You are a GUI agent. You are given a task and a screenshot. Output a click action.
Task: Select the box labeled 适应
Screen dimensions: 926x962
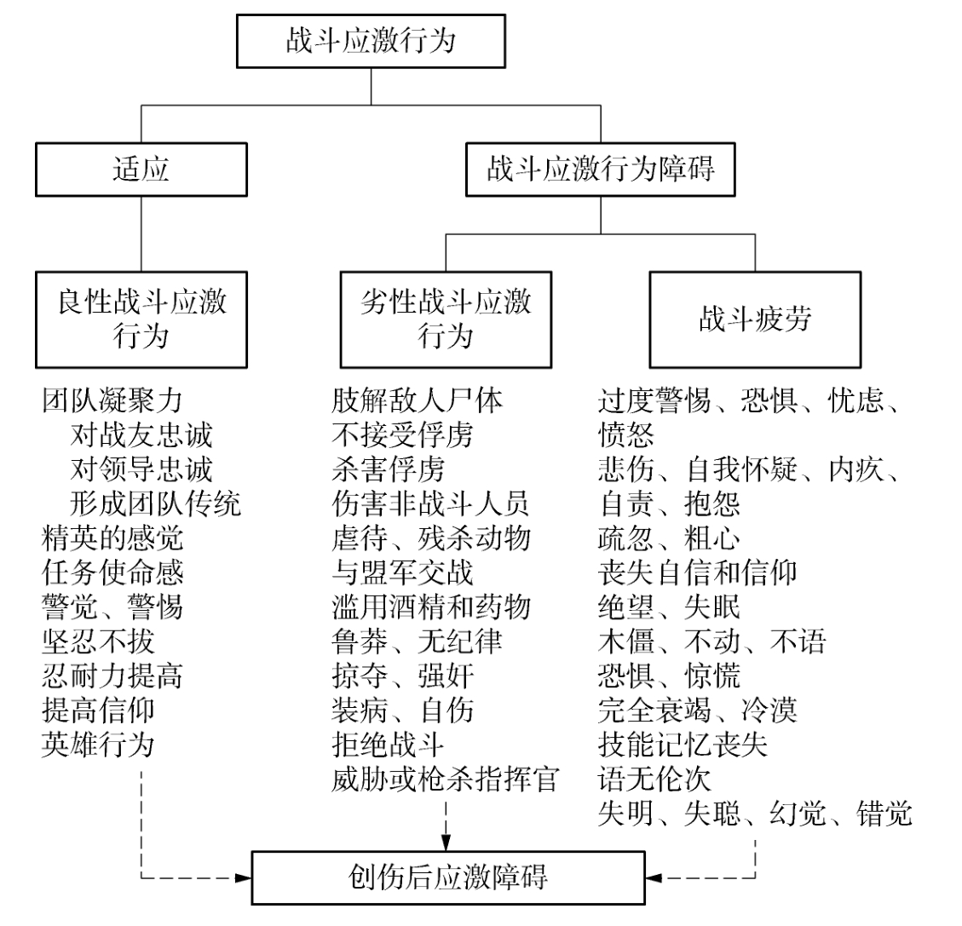point(141,169)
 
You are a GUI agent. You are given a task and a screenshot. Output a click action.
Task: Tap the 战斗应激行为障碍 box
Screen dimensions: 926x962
point(601,169)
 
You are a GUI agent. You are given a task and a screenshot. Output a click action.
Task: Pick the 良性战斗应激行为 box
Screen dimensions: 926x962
point(141,319)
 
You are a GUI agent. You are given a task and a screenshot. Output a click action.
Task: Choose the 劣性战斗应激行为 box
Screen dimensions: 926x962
point(446,319)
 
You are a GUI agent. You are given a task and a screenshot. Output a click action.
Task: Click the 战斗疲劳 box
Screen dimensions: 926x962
point(755,319)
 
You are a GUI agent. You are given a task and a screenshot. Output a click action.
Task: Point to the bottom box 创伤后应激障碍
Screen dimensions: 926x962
point(447,877)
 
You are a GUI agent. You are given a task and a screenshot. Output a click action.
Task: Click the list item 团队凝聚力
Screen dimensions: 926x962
point(112,400)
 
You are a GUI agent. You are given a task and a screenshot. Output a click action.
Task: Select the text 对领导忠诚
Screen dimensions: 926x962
point(141,469)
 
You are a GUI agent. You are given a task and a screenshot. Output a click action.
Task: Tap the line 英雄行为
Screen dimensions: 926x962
point(98,745)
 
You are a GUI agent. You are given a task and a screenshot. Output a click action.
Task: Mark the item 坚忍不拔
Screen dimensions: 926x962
point(98,641)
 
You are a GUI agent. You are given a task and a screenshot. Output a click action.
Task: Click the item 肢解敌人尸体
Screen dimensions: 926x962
point(417,400)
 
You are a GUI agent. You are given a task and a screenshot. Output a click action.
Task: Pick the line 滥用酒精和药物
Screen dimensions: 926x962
point(430,607)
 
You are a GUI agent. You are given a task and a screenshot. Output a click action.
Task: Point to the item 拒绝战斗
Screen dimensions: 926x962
point(388,745)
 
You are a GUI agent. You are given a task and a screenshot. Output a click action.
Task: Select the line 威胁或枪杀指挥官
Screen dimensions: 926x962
point(445,779)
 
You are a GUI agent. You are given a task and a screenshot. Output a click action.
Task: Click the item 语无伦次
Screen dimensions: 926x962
point(654,779)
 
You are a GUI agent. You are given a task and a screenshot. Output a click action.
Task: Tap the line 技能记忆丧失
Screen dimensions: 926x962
point(683,745)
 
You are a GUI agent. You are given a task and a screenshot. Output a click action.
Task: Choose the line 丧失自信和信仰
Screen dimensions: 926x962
point(697,572)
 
